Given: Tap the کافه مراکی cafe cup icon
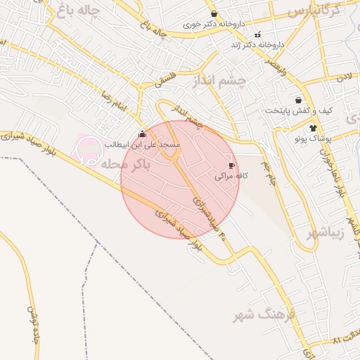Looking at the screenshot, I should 231,166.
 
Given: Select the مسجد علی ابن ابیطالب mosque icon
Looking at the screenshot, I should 143,134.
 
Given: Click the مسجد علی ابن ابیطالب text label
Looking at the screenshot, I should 143,144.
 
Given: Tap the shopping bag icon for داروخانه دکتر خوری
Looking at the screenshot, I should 214,13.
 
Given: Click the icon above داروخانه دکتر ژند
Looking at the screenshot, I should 257,34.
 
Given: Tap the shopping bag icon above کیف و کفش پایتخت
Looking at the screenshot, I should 299,100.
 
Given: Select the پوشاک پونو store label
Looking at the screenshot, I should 313,139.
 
